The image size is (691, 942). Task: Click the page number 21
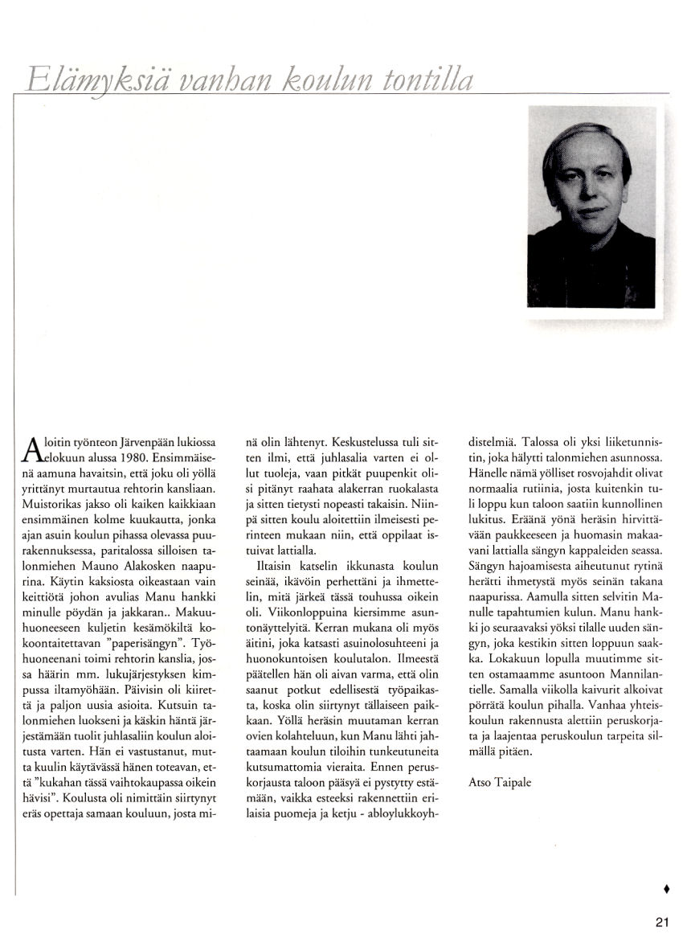(662, 923)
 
